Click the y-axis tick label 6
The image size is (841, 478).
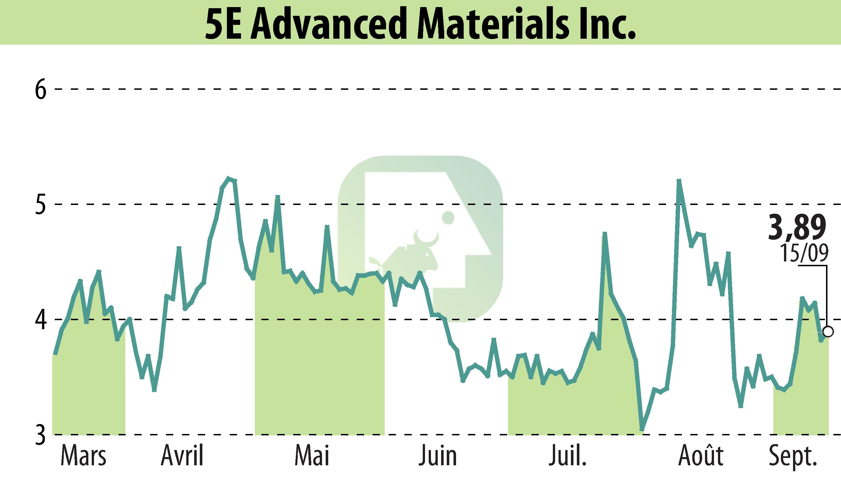pos(41,89)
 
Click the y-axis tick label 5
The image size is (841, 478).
pos(41,204)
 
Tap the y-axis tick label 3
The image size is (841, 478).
pos(41,435)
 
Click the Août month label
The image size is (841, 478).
pos(700,456)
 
